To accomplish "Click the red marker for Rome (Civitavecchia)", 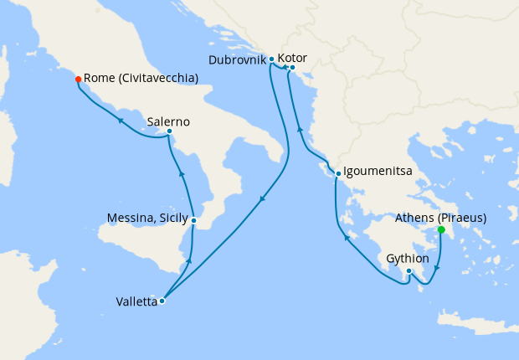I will click(78, 80).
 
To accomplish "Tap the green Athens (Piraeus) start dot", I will click(441, 229).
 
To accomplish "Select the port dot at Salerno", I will click(169, 131).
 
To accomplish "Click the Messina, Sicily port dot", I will click(193, 221).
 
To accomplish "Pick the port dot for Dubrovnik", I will click(272, 59).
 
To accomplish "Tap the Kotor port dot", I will click(292, 67).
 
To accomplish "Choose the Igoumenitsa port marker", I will click(337, 174).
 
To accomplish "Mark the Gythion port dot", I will click(409, 271).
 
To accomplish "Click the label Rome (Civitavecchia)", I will click(141, 79).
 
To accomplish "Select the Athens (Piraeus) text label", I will click(440, 218).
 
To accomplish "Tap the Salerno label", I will click(167, 121).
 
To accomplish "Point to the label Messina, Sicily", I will click(147, 219).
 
